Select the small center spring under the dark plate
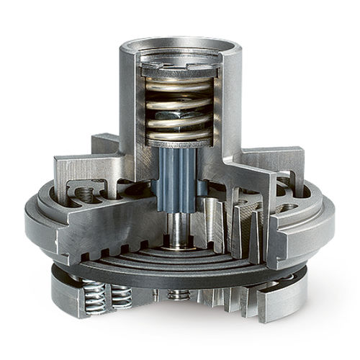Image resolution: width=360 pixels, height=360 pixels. (176, 294)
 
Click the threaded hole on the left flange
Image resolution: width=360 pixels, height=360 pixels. (85, 194)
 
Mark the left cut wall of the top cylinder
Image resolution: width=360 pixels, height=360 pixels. (130, 108)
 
